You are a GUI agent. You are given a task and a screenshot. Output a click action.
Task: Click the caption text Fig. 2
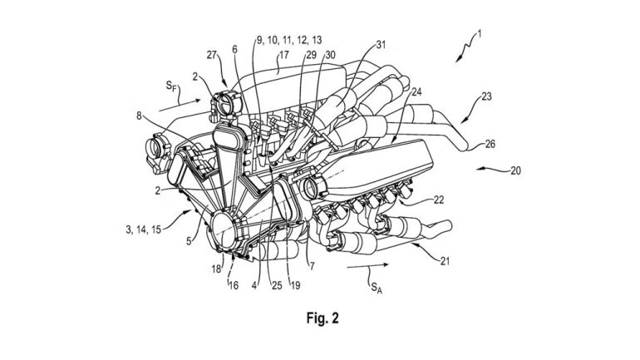point(319,318)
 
